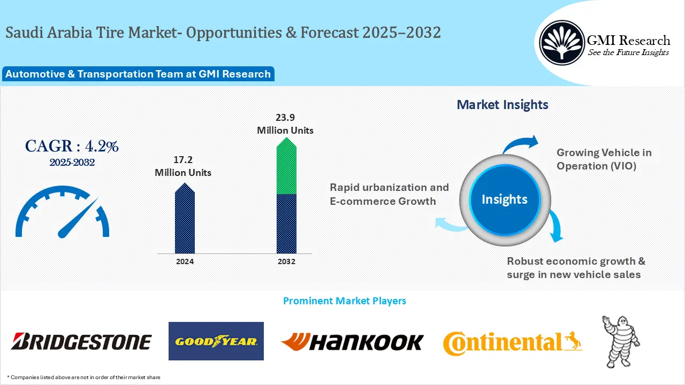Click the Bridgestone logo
(x=81, y=341)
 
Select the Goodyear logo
(x=216, y=341)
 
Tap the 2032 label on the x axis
(x=286, y=261)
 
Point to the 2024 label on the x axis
(x=185, y=261)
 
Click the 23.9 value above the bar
(x=285, y=118)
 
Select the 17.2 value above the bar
(x=183, y=160)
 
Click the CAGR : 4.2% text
(x=72, y=146)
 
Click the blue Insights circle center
(x=504, y=199)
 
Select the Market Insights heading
(x=502, y=105)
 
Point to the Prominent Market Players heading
(x=344, y=301)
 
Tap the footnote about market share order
(x=83, y=378)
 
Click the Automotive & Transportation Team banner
(x=138, y=74)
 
